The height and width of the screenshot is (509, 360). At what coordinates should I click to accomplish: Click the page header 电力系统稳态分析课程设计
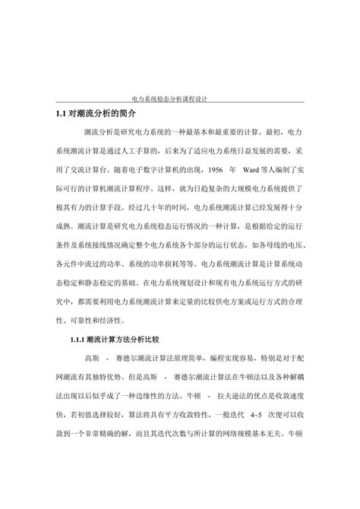[180, 99]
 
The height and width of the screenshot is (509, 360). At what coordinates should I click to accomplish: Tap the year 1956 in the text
[216, 166]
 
